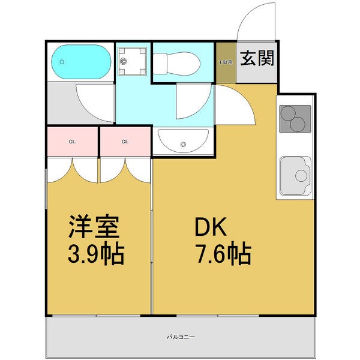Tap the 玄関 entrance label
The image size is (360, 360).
click(x=257, y=59)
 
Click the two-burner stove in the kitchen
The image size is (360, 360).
click(x=295, y=118)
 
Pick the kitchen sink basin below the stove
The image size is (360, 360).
click(x=294, y=175)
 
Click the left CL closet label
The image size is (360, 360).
click(x=72, y=142)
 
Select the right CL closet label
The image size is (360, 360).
click(x=125, y=142)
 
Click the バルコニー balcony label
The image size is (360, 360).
click(x=181, y=337)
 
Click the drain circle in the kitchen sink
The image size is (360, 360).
click(x=301, y=175)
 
